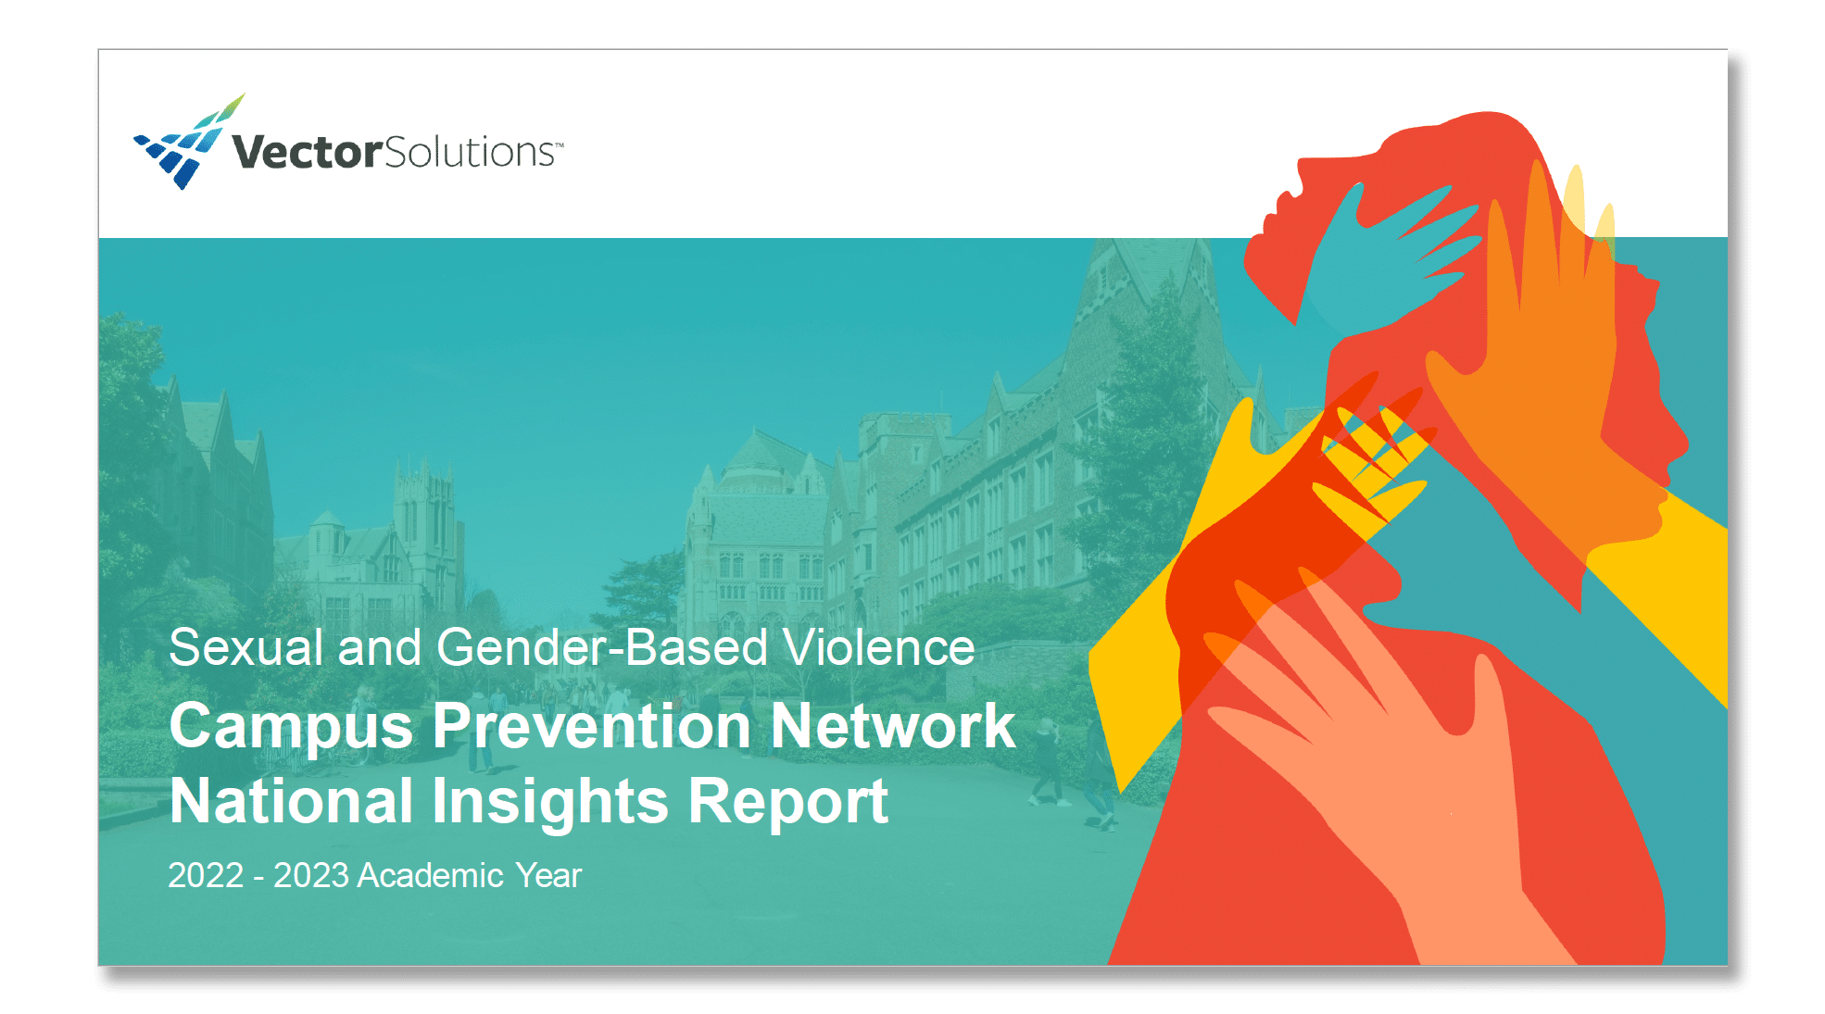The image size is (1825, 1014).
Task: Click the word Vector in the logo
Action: [307, 152]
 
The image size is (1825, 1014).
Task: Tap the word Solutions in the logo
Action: [471, 152]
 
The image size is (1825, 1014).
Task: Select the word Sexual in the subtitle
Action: [245, 646]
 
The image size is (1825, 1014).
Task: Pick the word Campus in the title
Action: [291, 727]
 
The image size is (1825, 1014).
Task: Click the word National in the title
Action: [291, 800]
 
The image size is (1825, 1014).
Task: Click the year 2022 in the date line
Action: [206, 875]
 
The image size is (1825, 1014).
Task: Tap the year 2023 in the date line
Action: [311, 875]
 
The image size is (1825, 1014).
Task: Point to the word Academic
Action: [431, 875]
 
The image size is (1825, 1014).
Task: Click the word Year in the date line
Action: [548, 875]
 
